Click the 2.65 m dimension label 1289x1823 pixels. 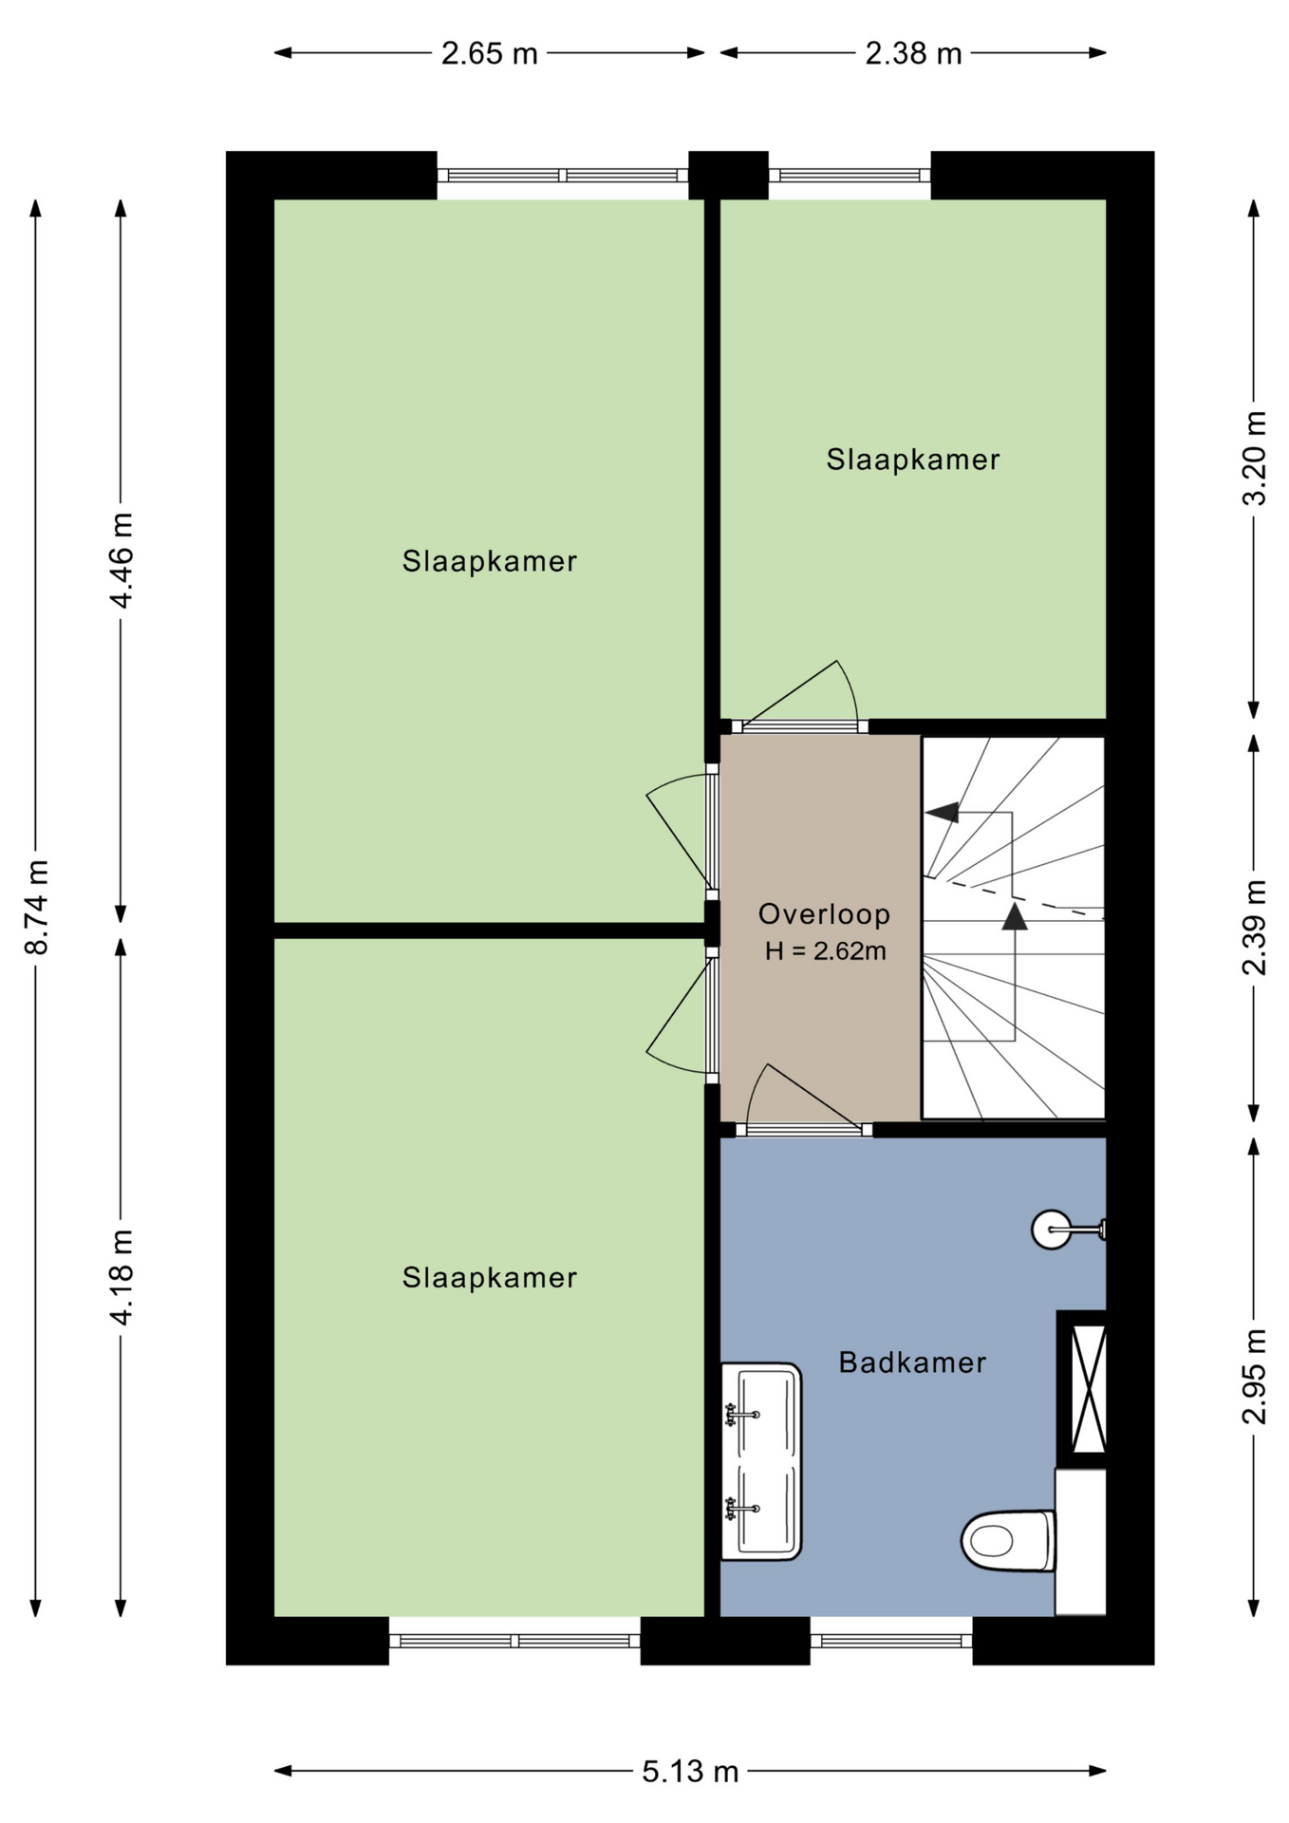coord(489,53)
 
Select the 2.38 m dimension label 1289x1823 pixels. coord(913,53)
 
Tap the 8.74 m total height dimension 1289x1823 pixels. coord(36,907)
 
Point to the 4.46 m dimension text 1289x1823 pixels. coord(121,560)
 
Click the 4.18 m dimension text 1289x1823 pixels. coord(121,1276)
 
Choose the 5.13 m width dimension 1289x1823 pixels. coord(690,1771)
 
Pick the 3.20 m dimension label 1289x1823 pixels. coord(1254,458)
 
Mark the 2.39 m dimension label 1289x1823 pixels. coord(1254,927)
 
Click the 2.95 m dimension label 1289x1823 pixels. coord(1254,1376)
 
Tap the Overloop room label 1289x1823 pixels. coord(824,914)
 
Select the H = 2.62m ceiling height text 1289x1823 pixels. coord(825,950)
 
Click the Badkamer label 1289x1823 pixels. coord(912,1363)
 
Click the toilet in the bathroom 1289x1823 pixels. coord(1008,1540)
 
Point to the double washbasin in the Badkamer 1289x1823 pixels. coord(761,1461)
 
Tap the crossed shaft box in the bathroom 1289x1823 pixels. coord(1082,1388)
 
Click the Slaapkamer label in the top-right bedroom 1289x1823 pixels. coord(912,460)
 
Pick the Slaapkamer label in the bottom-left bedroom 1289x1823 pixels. coord(489,1277)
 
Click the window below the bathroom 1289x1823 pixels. coord(891,1641)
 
